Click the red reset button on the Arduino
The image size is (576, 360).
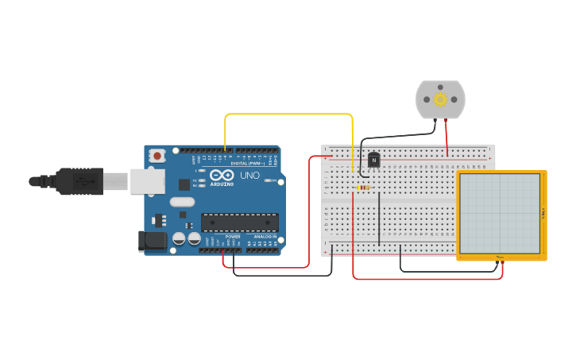(x=157, y=155)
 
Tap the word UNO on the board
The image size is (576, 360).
(x=249, y=176)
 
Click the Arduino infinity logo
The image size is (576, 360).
(x=222, y=175)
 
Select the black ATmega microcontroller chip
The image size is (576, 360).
(x=239, y=223)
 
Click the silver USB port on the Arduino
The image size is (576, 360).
(x=148, y=181)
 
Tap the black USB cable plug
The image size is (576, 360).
(x=79, y=181)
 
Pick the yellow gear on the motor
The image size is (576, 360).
(x=440, y=99)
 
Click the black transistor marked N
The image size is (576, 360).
(x=373, y=160)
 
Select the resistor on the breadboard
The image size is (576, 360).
(x=364, y=188)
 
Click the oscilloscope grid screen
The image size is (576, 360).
(x=500, y=213)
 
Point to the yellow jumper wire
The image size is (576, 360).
(x=289, y=114)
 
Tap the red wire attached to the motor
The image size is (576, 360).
(x=446, y=137)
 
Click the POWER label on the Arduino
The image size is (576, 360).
(x=233, y=237)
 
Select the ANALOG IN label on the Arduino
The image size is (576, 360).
(x=265, y=237)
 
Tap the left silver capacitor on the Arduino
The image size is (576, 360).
(x=180, y=238)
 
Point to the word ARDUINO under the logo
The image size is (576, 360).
(x=222, y=184)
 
